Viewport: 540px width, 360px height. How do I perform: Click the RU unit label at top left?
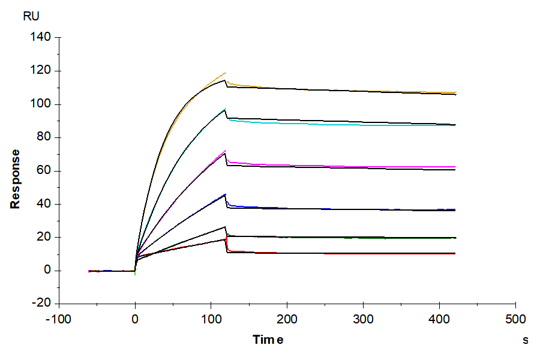point(31,17)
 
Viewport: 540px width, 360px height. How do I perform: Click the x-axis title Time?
point(268,340)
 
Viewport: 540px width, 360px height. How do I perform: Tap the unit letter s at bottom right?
point(526,340)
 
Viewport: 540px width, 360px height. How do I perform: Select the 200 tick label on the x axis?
point(287,317)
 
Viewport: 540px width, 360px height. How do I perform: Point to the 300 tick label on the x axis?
point(364,317)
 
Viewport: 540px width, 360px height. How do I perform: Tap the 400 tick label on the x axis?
point(440,317)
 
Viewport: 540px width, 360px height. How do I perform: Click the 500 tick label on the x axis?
point(516,317)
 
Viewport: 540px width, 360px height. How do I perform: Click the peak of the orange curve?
point(226,73)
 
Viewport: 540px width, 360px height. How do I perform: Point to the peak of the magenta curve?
point(226,150)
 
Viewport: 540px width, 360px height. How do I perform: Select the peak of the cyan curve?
point(226,109)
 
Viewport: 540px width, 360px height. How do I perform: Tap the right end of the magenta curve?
point(455,167)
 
